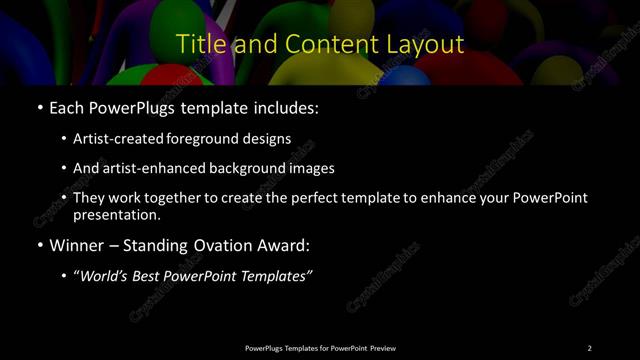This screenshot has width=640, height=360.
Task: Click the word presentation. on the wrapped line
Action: [117, 214]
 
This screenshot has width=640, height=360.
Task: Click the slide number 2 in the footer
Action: [589, 347]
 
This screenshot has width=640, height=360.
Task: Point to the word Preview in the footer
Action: [383, 347]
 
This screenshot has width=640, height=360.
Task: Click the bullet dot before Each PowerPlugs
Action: [39, 107]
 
